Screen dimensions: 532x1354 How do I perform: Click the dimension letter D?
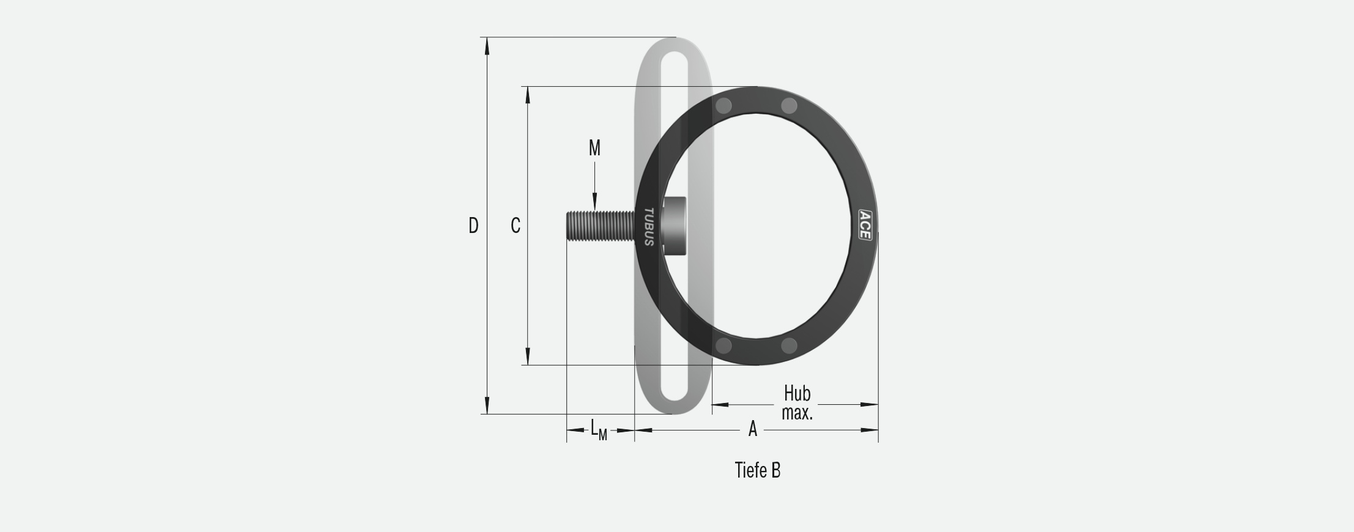[x=473, y=226]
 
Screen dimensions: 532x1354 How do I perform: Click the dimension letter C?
[x=516, y=226]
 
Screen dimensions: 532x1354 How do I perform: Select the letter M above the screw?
[x=594, y=148]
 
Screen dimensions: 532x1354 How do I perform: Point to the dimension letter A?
[x=753, y=429]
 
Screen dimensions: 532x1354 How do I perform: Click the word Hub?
[x=797, y=393]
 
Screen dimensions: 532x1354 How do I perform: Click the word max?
[x=797, y=413]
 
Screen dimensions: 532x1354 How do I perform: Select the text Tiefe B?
[x=757, y=470]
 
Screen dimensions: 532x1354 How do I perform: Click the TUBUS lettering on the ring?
[x=649, y=227]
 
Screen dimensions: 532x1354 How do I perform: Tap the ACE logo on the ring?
[x=865, y=226]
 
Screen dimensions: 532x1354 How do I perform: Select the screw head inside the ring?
[x=675, y=226]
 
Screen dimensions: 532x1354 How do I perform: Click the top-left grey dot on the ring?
[x=723, y=106]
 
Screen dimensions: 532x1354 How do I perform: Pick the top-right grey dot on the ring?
[x=789, y=106]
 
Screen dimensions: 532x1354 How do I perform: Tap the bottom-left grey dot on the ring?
[x=723, y=346]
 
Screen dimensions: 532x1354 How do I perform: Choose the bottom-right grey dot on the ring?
[x=789, y=346]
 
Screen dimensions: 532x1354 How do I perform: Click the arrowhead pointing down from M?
[x=594, y=202]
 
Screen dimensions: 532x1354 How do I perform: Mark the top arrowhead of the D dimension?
[x=487, y=46]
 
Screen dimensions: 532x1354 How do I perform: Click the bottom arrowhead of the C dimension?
[x=528, y=357]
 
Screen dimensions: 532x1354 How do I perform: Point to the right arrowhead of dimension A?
[x=870, y=430]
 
